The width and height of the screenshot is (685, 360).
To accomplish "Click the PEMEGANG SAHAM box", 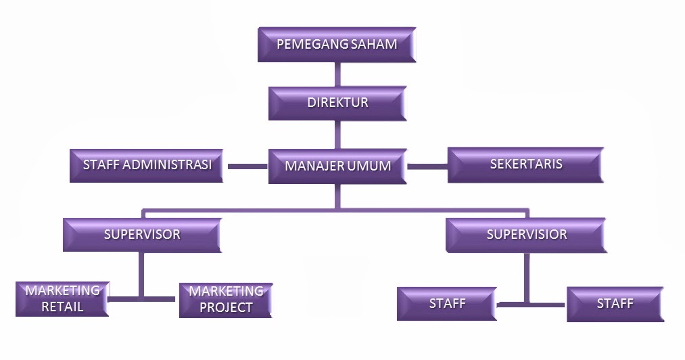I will click(x=336, y=45).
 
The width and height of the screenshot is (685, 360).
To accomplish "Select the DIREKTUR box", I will click(x=337, y=103).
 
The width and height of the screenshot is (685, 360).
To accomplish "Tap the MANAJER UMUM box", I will click(x=337, y=166).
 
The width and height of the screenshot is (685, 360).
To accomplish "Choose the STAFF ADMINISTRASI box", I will click(x=147, y=165).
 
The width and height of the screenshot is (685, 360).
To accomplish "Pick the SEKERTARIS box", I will click(x=525, y=165).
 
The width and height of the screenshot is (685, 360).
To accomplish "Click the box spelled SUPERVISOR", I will click(x=142, y=235).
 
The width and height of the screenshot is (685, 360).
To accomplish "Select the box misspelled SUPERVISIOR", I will click(x=526, y=235).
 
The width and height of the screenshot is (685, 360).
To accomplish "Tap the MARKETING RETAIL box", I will click(x=62, y=298).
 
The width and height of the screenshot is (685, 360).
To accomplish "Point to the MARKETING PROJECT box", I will click(x=225, y=299).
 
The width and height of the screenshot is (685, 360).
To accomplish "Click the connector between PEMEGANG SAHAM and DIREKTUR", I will click(x=337, y=74).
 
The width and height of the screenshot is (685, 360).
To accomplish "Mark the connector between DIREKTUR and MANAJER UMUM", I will click(x=337, y=135).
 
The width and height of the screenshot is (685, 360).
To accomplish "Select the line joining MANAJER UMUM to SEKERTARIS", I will click(x=427, y=166).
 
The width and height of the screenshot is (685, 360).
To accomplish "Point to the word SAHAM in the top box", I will click(x=374, y=45).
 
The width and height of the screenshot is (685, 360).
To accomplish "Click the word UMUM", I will click(x=369, y=166).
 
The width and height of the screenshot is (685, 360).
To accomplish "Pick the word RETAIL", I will click(x=62, y=307).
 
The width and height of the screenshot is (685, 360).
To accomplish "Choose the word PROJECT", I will click(x=226, y=308).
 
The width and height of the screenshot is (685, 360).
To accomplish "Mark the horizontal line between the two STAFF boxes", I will click(x=532, y=305).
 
